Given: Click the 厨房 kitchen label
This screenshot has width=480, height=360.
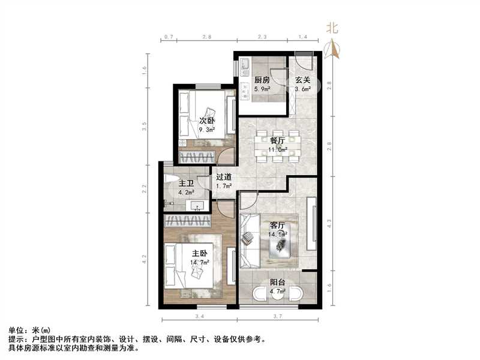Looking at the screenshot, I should (262, 80).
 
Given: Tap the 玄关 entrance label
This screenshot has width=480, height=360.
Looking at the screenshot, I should (302, 80).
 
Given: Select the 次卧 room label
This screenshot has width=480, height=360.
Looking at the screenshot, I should (207, 120).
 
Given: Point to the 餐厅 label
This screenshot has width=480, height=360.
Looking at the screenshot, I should (278, 141).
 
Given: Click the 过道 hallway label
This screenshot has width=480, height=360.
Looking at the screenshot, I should (224, 178).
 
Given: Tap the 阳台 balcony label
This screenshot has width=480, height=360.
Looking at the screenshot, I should (277, 284).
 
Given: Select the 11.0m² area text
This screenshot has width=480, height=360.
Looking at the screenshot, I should (278, 150).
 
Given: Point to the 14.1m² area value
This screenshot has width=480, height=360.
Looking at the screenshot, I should (278, 235).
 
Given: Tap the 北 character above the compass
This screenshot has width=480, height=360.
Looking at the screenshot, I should (332, 28).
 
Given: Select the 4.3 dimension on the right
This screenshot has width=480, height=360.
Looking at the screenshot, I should (329, 223).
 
